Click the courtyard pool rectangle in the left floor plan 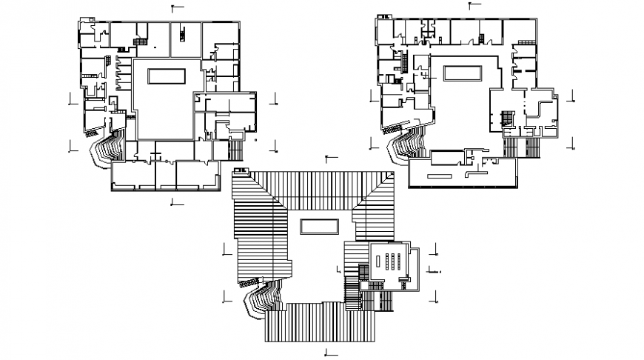click(x=167, y=76)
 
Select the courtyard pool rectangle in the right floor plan click(x=463, y=73)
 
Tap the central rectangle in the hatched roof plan click(x=319, y=226)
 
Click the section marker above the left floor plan click(x=172, y=8)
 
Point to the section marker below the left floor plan click(x=172, y=201)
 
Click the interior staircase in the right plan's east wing click(x=508, y=119)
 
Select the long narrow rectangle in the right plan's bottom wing click(x=440, y=176)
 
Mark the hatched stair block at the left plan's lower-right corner click(x=236, y=150)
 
